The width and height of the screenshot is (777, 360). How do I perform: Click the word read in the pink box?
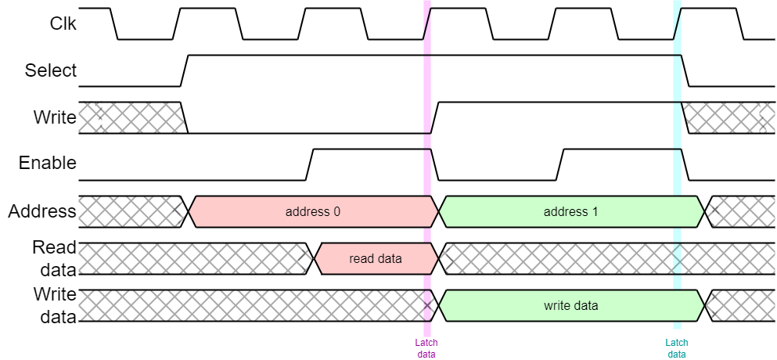point(362,258)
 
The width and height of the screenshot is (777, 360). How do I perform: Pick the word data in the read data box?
point(389,258)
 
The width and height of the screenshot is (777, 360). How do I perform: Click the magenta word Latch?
point(426,343)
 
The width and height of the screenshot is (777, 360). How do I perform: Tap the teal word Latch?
point(677,343)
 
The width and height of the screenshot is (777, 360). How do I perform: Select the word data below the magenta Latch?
point(426,354)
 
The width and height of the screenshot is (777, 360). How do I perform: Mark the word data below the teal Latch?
point(677,354)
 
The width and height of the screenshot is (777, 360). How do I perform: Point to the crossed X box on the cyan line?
point(677,257)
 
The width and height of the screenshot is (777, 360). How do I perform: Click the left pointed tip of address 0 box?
point(190,211)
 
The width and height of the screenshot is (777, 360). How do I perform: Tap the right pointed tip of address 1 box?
point(703,211)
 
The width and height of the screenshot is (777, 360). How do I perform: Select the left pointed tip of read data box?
point(315,258)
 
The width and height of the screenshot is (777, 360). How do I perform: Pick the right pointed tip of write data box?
point(703,305)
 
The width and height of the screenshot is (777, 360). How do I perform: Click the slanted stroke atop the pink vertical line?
point(427,23)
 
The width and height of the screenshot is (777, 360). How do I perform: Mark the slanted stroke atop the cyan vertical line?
point(678,23)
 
